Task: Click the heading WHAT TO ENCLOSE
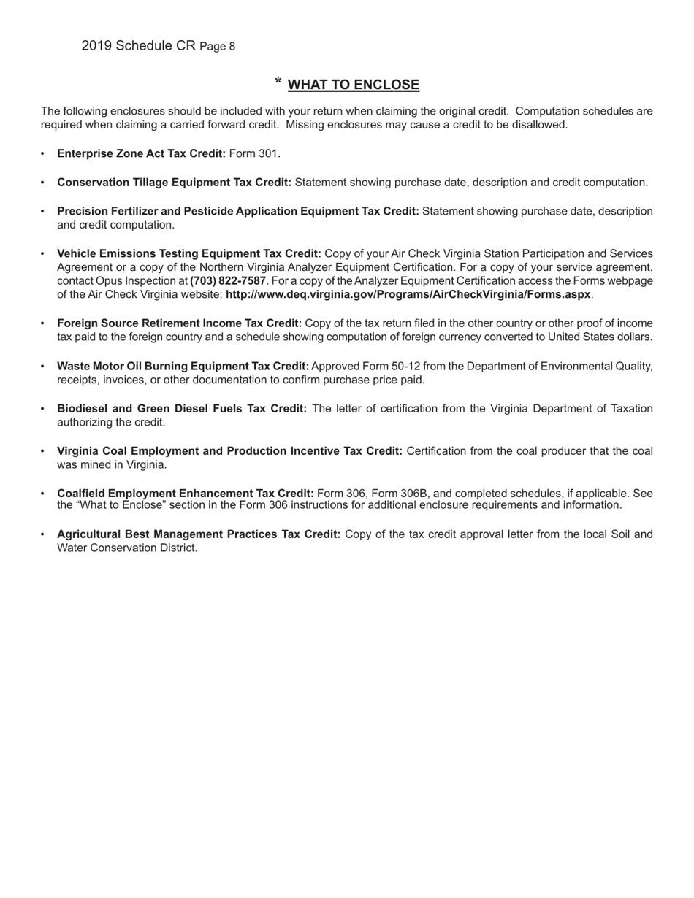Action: (x=354, y=85)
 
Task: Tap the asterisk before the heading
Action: (x=278, y=82)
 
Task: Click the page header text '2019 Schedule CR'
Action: (x=139, y=46)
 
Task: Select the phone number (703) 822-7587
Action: (x=228, y=281)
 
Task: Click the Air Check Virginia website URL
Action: (x=408, y=295)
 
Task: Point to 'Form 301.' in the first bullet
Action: (x=255, y=154)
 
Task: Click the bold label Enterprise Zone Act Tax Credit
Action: (x=142, y=154)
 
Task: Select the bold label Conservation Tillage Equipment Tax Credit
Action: (x=175, y=183)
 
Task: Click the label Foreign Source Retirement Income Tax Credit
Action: (x=180, y=323)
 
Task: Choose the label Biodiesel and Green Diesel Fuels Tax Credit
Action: (x=182, y=409)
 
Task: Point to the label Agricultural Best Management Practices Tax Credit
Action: (x=199, y=534)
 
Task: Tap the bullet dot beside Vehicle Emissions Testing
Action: (x=42, y=253)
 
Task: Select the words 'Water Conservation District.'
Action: (x=127, y=548)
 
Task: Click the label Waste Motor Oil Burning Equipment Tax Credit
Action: (x=183, y=366)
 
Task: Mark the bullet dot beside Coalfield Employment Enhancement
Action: (x=42, y=494)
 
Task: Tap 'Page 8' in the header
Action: (x=218, y=47)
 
